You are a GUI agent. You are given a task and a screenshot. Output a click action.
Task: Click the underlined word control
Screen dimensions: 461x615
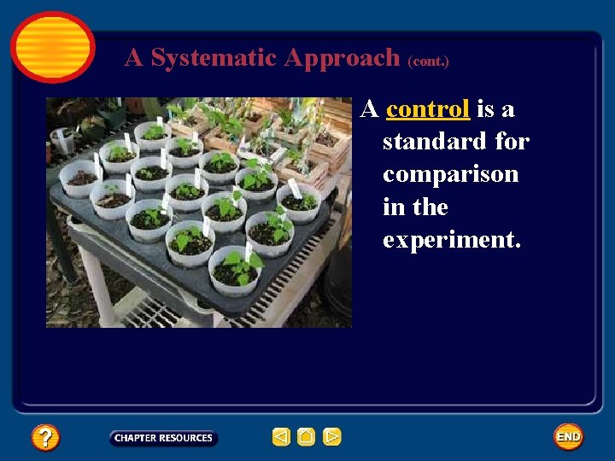point(428,109)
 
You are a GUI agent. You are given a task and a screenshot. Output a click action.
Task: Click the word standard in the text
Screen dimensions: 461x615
point(435,142)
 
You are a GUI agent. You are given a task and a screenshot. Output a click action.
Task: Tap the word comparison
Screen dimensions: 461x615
point(450,175)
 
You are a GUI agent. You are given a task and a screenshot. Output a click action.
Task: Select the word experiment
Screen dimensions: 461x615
point(451,241)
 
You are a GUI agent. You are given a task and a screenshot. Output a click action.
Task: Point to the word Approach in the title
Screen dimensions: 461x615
point(342,58)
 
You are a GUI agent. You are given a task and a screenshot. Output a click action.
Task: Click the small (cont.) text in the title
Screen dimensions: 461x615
point(428,61)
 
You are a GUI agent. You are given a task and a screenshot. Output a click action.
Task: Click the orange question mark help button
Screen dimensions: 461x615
point(45,437)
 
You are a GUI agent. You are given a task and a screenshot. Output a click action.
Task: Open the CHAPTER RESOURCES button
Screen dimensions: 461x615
point(163,438)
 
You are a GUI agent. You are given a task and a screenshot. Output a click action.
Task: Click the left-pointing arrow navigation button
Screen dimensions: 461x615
point(281,437)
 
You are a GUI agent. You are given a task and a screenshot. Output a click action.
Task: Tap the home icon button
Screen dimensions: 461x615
point(307,437)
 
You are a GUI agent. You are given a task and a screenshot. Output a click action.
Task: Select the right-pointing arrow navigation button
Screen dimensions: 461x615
point(332,437)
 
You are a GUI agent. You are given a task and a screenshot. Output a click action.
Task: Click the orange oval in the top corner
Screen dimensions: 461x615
point(52,46)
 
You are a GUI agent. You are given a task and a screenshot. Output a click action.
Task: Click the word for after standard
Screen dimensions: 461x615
point(512,142)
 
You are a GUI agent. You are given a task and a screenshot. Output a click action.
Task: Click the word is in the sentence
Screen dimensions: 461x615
point(485,109)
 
